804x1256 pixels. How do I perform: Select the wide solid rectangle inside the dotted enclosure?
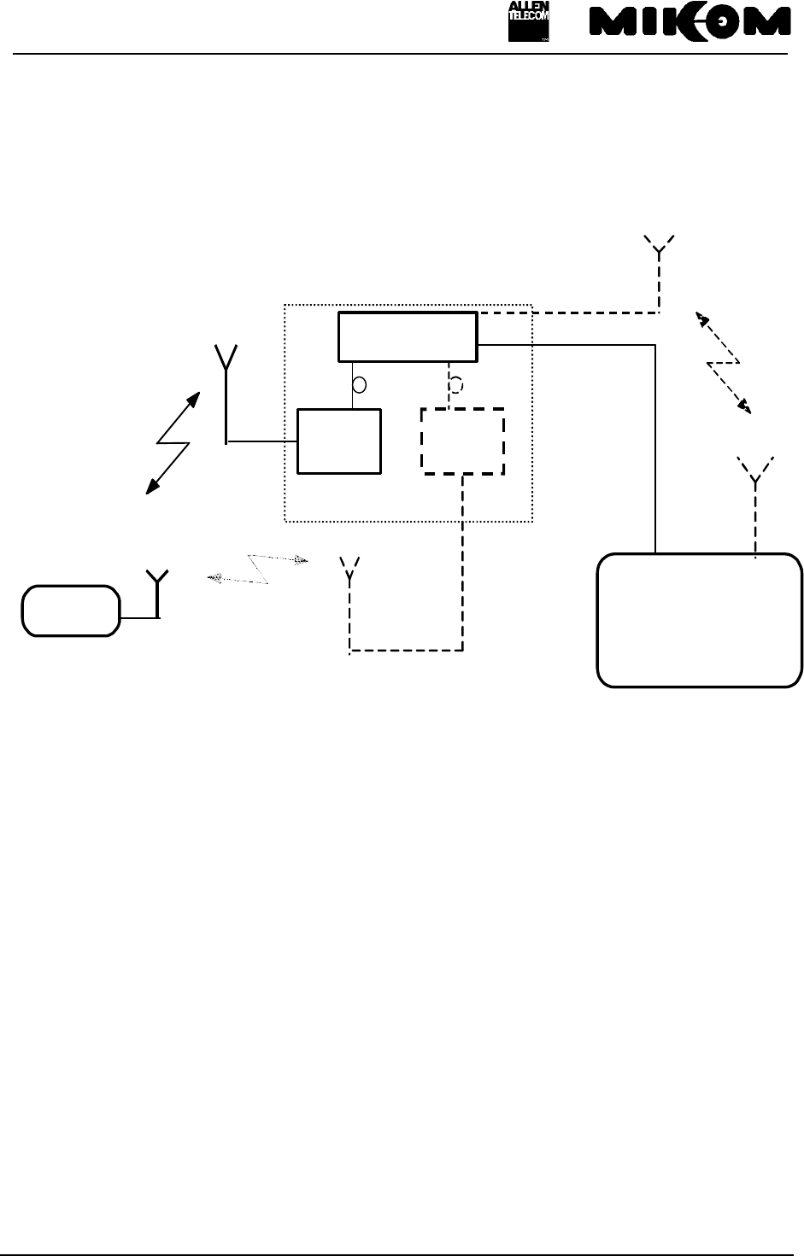(x=408, y=336)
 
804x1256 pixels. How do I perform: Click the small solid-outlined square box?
(x=338, y=441)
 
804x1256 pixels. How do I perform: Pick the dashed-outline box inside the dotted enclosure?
(x=463, y=441)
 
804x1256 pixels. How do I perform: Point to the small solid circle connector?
(x=360, y=385)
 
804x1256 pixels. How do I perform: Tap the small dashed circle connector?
(x=456, y=385)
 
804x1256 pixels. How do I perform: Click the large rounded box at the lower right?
(x=699, y=619)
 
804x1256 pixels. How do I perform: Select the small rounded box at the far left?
(x=70, y=610)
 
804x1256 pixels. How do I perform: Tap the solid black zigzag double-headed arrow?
(x=173, y=443)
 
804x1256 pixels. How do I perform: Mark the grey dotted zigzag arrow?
(x=258, y=568)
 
